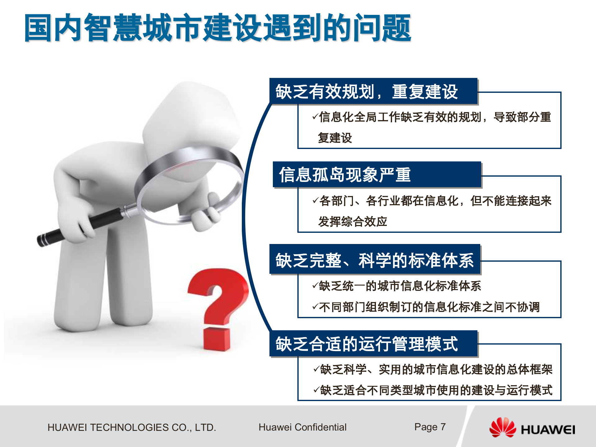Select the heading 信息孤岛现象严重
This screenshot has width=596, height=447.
[345, 174]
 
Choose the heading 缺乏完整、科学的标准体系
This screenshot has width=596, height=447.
[374, 260]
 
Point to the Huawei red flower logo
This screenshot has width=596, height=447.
[502, 427]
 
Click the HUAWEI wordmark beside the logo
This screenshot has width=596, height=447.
[548, 430]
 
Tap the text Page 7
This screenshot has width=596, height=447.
[430, 427]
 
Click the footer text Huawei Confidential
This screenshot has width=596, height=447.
[302, 427]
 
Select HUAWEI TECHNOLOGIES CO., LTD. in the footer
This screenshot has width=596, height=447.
[132, 427]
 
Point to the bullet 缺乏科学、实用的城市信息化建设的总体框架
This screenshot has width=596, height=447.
[436, 369]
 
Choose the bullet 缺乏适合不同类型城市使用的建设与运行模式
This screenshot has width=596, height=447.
[436, 390]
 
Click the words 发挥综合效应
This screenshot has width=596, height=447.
[353, 222]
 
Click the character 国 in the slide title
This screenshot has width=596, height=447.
[38, 28]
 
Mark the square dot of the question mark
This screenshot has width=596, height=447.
[217, 339]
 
